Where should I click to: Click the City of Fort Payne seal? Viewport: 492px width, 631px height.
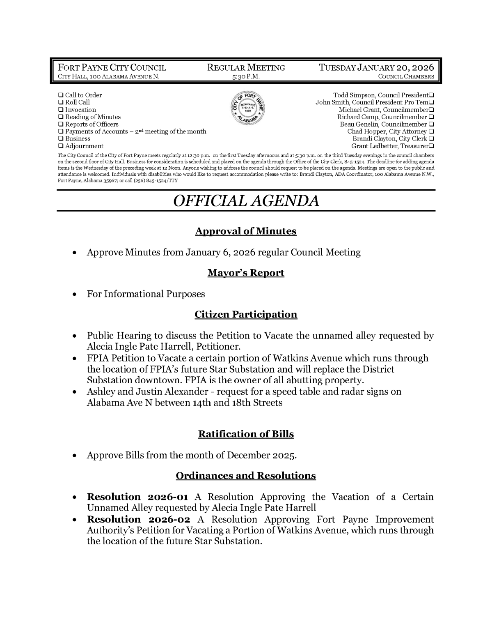coord(246,110)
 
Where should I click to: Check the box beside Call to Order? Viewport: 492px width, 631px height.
coord(61,95)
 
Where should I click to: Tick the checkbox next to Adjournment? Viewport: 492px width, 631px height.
coord(61,146)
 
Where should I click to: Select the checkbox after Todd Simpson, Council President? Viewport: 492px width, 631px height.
coord(432,95)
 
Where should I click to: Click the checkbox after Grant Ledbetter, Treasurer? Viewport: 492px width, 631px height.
coord(432,146)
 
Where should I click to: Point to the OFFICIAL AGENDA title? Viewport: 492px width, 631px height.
coord(246,200)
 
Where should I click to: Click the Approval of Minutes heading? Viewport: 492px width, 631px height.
coord(245,231)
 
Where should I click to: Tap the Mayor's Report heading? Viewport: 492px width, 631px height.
coord(245,273)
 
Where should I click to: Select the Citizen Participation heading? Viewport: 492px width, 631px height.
coord(245,315)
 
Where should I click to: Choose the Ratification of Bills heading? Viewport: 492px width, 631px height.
coord(245,434)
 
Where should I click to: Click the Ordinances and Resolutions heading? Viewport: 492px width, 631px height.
coord(245,476)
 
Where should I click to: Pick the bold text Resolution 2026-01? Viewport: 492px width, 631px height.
coord(137,497)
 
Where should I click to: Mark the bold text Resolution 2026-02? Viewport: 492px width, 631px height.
coord(138,519)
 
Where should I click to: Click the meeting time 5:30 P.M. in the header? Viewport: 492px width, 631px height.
coord(246,77)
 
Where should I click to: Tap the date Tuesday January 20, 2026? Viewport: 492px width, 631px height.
coord(376,68)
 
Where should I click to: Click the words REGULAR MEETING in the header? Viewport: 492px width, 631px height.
coord(246,68)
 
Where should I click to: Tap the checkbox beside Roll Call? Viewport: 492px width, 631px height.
coord(61,103)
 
